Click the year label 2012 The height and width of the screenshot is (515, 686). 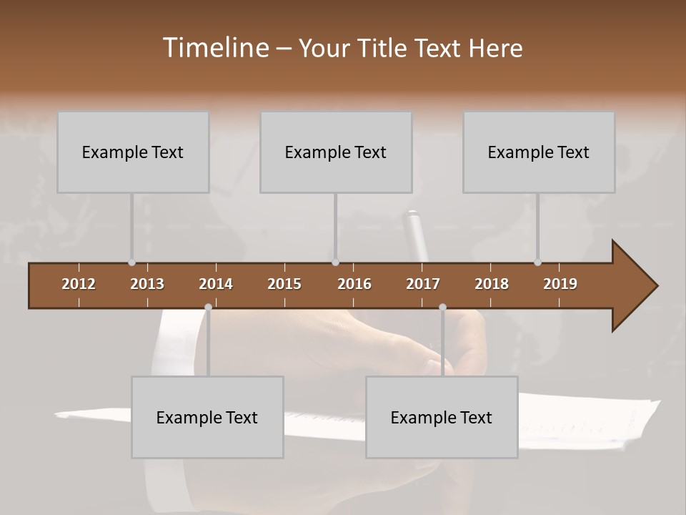(79, 284)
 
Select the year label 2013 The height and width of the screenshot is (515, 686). (147, 284)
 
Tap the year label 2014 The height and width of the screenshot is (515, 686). (216, 284)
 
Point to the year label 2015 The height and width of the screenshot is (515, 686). (284, 284)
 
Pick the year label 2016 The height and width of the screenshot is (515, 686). (354, 284)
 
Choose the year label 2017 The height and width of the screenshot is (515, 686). (423, 284)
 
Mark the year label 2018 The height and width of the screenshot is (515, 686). (492, 284)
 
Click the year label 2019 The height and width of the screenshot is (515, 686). (560, 284)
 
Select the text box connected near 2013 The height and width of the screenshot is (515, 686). (133, 152)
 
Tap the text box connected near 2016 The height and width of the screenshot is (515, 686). (336, 152)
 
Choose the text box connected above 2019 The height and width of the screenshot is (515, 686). (539, 152)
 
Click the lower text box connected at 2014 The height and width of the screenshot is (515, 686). (207, 417)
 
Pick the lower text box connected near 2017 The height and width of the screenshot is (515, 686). (442, 417)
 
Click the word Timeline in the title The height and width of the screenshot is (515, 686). (214, 47)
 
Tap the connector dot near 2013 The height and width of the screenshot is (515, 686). (131, 263)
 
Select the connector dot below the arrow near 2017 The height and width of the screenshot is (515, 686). (442, 308)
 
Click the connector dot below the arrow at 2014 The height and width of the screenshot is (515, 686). (208, 308)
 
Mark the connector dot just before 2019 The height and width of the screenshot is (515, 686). (537, 263)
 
